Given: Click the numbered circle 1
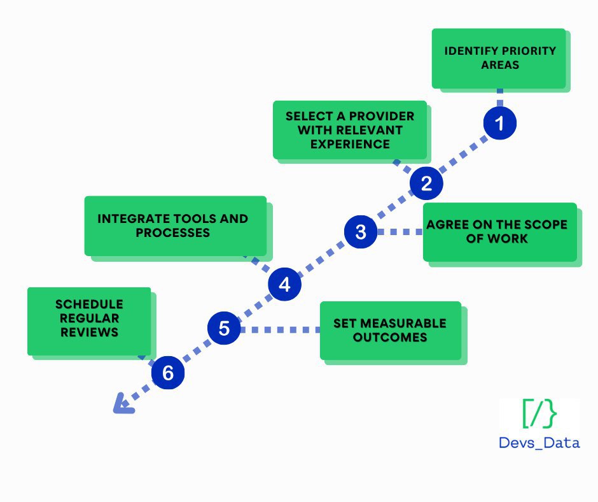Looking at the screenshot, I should [500, 124].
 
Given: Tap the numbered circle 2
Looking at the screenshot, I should [426, 184].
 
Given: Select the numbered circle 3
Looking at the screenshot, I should [361, 233].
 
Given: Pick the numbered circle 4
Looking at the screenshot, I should [284, 285].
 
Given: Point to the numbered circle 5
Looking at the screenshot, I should [224, 329].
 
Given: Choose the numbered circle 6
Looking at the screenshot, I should [167, 373].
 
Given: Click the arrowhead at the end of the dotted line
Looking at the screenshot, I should [122, 404].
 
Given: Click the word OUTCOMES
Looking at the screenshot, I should [390, 338].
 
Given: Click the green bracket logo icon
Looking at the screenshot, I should [539, 415].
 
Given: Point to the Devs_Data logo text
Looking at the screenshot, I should [539, 442].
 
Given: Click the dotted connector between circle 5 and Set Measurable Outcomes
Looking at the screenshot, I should [280, 330].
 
